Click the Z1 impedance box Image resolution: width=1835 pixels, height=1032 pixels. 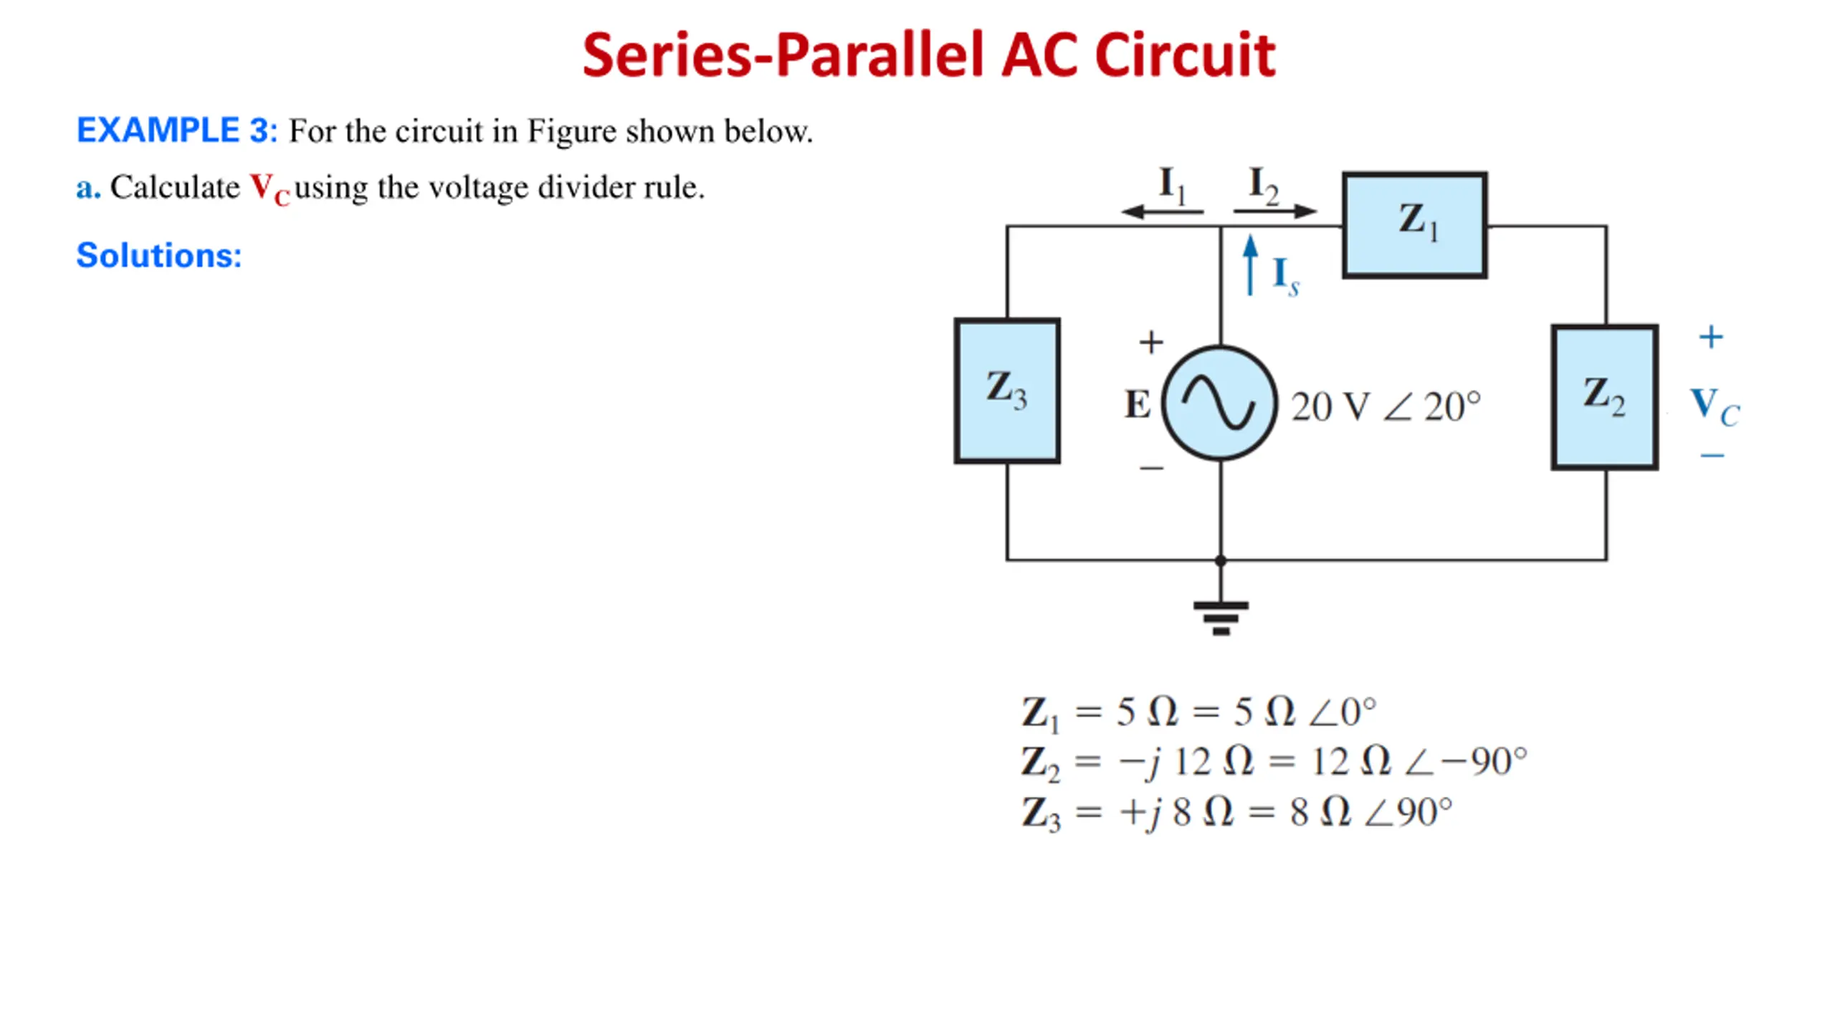1414,224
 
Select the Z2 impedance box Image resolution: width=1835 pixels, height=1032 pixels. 1604,397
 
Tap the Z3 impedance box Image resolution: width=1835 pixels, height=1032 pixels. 1006,391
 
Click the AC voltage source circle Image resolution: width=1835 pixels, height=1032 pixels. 1219,403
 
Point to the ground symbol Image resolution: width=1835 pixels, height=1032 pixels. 1221,616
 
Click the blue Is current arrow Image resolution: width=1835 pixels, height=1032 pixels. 1250,265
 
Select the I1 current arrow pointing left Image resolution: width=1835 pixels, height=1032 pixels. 1161,211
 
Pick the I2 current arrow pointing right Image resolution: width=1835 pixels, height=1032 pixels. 1274,211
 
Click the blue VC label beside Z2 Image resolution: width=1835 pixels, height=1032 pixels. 1714,406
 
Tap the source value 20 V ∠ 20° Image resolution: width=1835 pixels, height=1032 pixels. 1386,406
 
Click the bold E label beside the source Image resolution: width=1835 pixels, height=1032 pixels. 1138,404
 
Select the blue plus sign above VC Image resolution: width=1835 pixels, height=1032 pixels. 1711,337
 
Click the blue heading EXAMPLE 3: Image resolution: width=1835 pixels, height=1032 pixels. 176,130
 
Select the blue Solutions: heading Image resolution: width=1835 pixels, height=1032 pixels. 159,255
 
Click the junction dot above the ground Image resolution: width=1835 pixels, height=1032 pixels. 1221,560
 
